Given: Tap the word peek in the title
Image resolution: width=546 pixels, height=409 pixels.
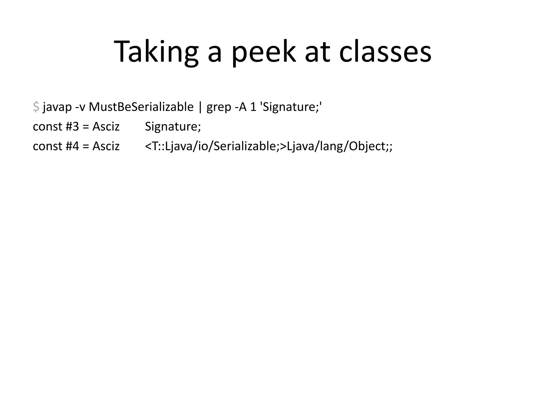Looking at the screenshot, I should [x=264, y=52].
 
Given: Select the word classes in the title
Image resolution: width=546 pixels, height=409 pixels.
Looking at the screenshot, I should [x=385, y=52].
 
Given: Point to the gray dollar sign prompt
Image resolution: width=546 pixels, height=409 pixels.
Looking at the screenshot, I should [x=36, y=107].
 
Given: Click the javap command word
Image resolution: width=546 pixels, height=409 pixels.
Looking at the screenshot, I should [x=57, y=107].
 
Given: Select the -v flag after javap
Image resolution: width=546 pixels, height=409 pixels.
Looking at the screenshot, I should [x=80, y=107].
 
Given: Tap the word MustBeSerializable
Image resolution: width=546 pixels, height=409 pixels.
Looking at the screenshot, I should [x=141, y=107].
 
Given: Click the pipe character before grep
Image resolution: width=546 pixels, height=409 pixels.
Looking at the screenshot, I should [x=200, y=107].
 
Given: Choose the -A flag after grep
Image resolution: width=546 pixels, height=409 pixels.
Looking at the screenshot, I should [x=241, y=107].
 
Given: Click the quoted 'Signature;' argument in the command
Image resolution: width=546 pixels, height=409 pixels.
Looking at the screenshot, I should [x=292, y=107].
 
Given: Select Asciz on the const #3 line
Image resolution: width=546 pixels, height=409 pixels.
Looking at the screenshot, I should [x=106, y=126].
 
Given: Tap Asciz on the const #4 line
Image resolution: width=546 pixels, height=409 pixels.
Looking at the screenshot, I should [x=106, y=146].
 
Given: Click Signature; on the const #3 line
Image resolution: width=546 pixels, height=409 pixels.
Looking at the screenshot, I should [x=173, y=126].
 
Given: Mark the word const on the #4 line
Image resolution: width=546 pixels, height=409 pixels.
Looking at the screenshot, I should [x=47, y=146].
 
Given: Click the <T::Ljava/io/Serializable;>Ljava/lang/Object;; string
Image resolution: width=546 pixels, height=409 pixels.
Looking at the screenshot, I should [x=268, y=146].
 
